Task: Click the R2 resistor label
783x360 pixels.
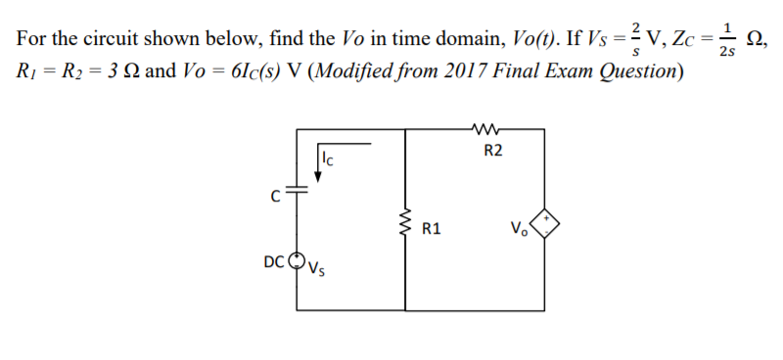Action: (x=493, y=151)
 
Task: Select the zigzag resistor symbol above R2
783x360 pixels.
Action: (x=486, y=126)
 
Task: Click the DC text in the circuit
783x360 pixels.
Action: (x=275, y=261)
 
